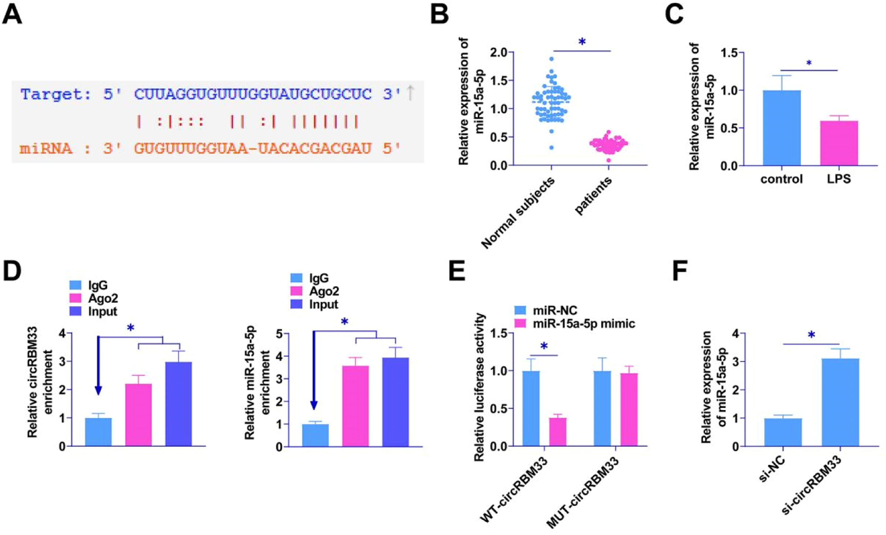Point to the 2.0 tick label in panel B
498,53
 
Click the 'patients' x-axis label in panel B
593,196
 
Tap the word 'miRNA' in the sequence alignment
46,148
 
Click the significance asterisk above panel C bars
809,63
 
